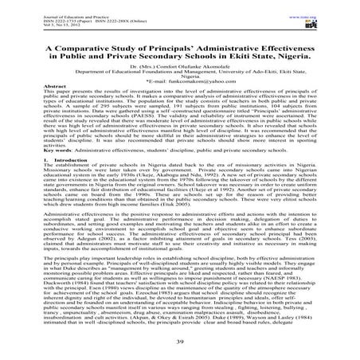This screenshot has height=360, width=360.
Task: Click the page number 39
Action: tap(179, 342)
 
